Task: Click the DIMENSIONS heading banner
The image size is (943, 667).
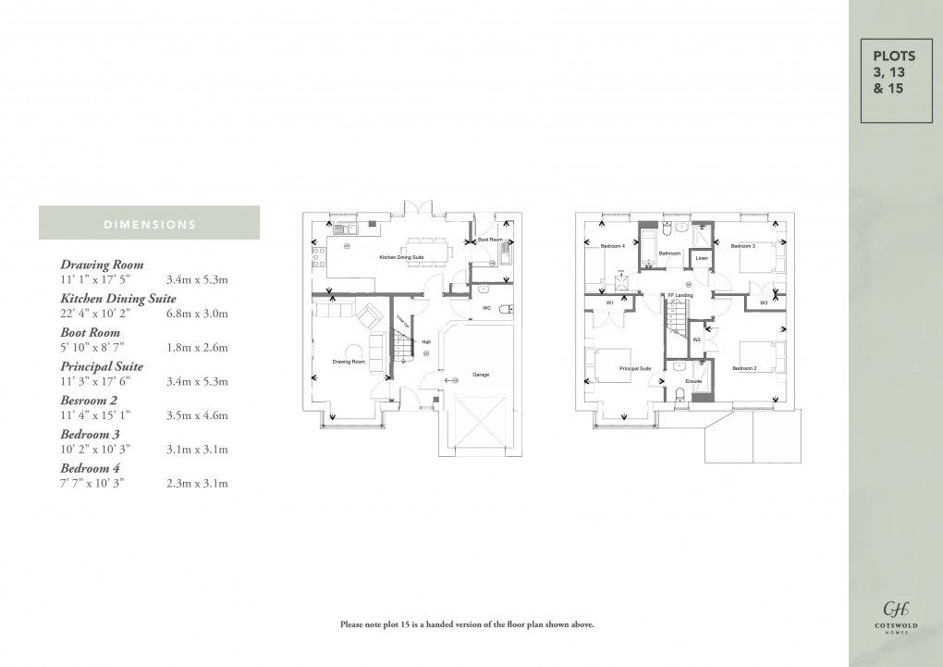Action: pyautogui.click(x=149, y=223)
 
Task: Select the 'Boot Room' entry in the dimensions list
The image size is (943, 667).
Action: pyautogui.click(x=90, y=332)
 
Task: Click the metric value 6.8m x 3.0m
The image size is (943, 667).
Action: pyautogui.click(x=196, y=314)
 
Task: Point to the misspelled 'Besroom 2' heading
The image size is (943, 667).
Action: pyautogui.click(x=91, y=401)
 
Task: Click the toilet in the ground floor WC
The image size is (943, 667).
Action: pyautogui.click(x=502, y=309)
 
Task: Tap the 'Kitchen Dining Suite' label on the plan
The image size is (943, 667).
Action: pyautogui.click(x=400, y=256)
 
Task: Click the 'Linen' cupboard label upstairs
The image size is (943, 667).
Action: pyautogui.click(x=701, y=257)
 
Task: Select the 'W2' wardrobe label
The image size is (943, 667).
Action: pyautogui.click(x=696, y=340)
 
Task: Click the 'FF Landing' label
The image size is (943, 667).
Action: pyautogui.click(x=681, y=295)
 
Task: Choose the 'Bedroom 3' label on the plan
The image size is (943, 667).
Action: pyautogui.click(x=743, y=246)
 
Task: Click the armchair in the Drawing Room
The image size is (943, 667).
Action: pyautogui.click(x=370, y=315)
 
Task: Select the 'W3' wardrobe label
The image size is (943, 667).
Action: pyautogui.click(x=764, y=303)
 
